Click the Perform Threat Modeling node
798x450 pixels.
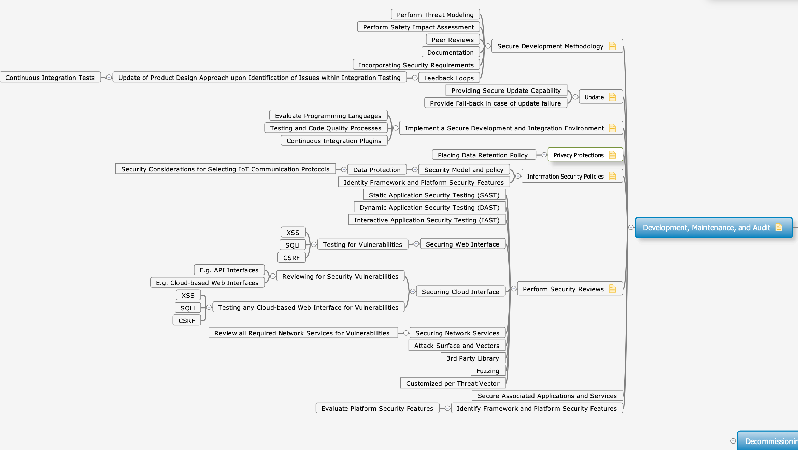(x=435, y=15)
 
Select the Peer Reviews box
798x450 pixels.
(x=453, y=40)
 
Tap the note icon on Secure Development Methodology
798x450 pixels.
(x=612, y=46)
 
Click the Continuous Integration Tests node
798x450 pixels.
(x=50, y=78)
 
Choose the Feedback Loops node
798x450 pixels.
(x=449, y=78)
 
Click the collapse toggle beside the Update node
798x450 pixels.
(x=575, y=97)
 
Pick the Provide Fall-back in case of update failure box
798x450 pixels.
(x=496, y=103)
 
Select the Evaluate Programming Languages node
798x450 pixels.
(x=328, y=116)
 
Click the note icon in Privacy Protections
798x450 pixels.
(x=612, y=155)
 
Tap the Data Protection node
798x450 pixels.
(x=377, y=170)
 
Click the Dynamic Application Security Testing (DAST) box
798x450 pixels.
(x=430, y=207)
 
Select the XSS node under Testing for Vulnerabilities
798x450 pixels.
(x=293, y=233)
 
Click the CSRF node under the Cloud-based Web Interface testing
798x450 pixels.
(x=187, y=321)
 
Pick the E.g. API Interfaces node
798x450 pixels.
(x=229, y=270)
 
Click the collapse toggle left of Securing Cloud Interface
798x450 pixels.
(x=413, y=291)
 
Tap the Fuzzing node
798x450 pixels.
(x=488, y=371)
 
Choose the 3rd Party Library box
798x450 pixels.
(x=473, y=358)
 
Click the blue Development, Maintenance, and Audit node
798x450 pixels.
(x=713, y=227)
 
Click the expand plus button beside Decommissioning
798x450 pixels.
(x=733, y=441)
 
